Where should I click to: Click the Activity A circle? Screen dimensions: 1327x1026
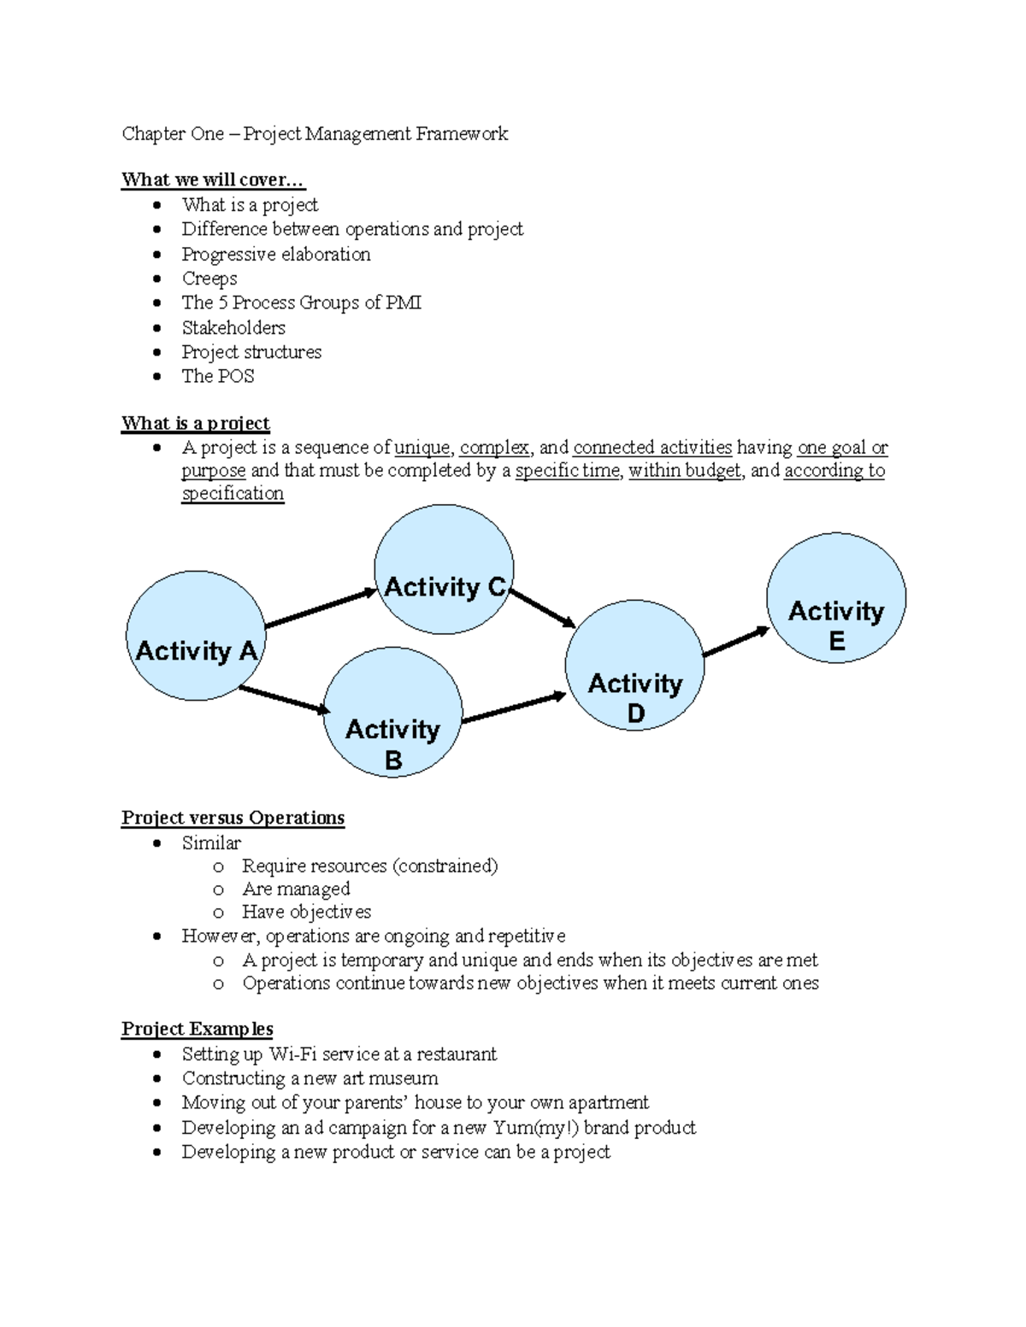click(196, 636)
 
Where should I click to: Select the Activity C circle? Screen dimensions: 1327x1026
click(444, 569)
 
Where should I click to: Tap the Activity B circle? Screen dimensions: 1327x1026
click(392, 712)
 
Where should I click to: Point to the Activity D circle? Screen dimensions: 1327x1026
click(634, 666)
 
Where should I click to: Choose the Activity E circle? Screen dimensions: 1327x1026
click(835, 597)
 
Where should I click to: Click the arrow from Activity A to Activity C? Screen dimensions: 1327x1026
click(321, 608)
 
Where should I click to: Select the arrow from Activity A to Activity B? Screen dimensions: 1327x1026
click(284, 699)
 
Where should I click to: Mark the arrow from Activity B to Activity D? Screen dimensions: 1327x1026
click(514, 708)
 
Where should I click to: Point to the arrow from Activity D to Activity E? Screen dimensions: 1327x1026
click(736, 643)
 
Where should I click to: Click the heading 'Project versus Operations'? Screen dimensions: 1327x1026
click(233, 818)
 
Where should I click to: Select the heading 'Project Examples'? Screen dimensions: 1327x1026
click(198, 1029)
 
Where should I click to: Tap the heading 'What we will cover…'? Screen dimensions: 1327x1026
click(212, 179)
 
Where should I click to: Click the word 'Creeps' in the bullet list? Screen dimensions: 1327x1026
click(209, 279)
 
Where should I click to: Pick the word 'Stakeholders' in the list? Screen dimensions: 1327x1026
click(233, 327)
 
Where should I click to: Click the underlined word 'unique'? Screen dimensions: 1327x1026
click(422, 448)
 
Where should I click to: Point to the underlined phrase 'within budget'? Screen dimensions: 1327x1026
click(685, 471)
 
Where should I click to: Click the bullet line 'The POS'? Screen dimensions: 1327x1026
click(218, 376)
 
